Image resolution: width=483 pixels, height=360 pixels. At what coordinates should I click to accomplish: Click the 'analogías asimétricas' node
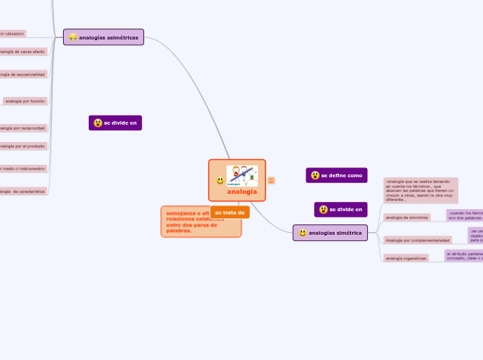point(103,37)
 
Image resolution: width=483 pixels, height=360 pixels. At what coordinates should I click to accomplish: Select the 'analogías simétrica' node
point(330,233)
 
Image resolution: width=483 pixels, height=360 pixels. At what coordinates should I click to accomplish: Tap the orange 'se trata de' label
point(229,213)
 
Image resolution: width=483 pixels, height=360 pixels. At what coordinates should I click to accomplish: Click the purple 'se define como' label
point(337,176)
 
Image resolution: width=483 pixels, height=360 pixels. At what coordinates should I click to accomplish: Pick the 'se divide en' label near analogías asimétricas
point(116,123)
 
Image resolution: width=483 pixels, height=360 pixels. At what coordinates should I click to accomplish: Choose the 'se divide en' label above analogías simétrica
point(340,209)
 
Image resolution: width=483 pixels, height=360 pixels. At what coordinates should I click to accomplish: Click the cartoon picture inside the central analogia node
point(242,175)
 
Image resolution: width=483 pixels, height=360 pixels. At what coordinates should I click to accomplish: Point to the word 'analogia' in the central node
point(242,192)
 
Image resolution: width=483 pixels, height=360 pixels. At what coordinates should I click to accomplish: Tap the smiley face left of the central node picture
point(220,181)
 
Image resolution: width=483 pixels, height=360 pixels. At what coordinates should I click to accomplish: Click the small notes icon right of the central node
point(271,181)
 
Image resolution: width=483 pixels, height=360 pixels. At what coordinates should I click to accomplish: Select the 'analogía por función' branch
point(25,101)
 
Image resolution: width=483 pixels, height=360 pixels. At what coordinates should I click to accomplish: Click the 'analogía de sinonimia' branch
point(407,217)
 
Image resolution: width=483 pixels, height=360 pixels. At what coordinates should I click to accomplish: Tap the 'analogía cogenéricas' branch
point(406,258)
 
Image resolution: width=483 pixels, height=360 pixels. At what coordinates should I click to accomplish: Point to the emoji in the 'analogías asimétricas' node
point(73,37)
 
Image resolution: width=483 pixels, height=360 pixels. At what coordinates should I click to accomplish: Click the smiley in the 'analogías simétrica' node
point(303,233)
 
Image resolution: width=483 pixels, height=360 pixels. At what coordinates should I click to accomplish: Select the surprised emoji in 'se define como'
point(315,176)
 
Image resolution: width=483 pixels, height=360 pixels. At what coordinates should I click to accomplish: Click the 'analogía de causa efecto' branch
point(23,51)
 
